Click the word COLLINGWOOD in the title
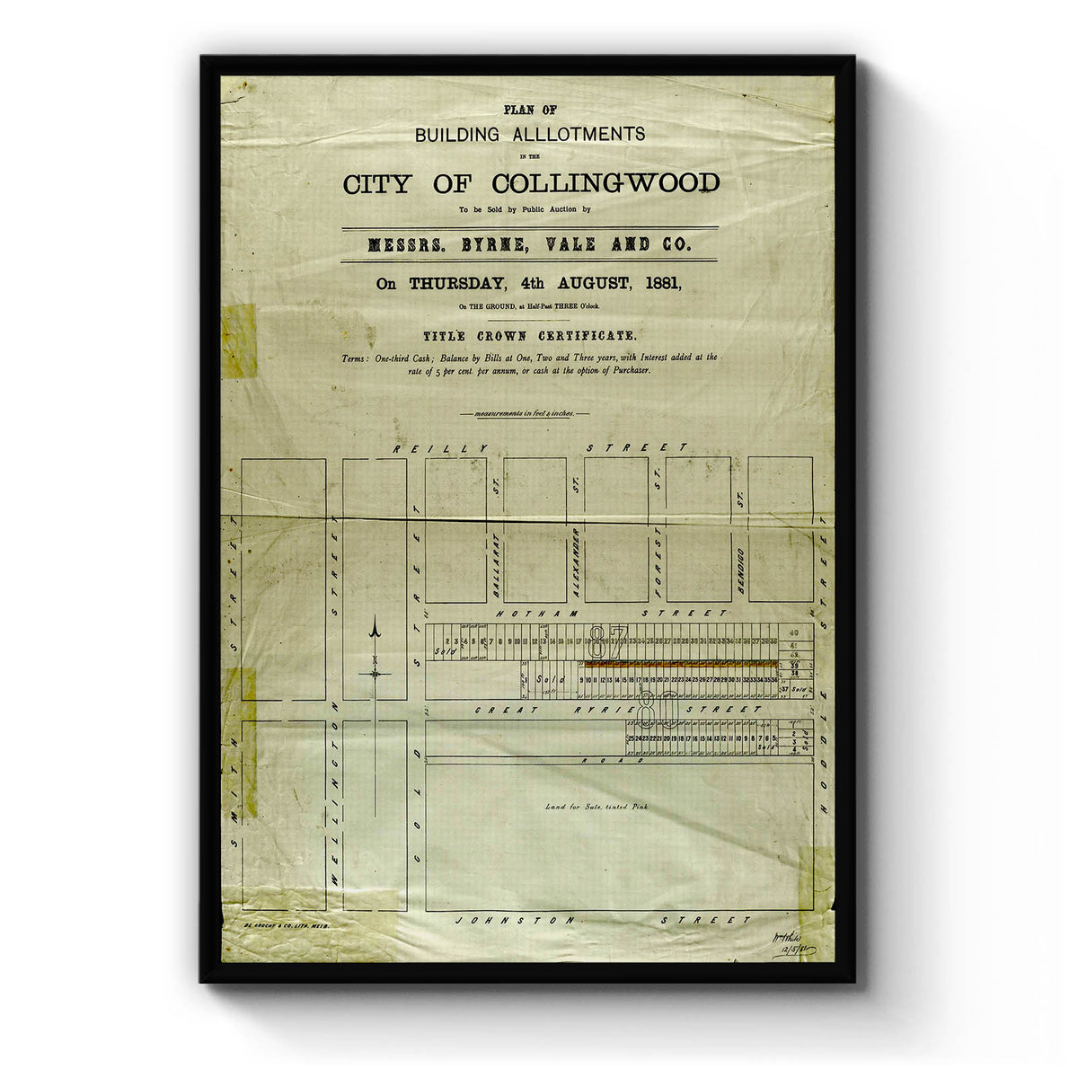(605, 184)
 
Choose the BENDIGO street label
(739, 567)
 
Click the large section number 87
(609, 641)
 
